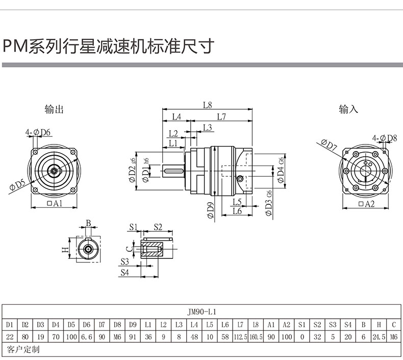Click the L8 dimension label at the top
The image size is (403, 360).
tap(207, 105)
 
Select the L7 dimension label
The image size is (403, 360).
tap(221, 116)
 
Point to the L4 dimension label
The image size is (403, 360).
tap(176, 116)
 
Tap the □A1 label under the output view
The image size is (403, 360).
tap(54, 203)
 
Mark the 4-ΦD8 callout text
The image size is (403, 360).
tap(385, 138)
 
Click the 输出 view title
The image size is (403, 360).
tap(54, 109)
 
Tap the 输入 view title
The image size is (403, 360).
tap(349, 109)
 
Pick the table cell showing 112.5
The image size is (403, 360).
tap(240, 337)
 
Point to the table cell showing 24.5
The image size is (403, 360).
tap(379, 337)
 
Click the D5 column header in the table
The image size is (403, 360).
tap(71, 324)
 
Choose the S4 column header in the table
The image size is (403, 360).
tap(348, 324)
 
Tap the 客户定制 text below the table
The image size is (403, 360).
tap(23, 350)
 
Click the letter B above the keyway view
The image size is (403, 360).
tap(88, 223)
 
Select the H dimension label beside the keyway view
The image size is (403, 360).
tap(65, 249)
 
